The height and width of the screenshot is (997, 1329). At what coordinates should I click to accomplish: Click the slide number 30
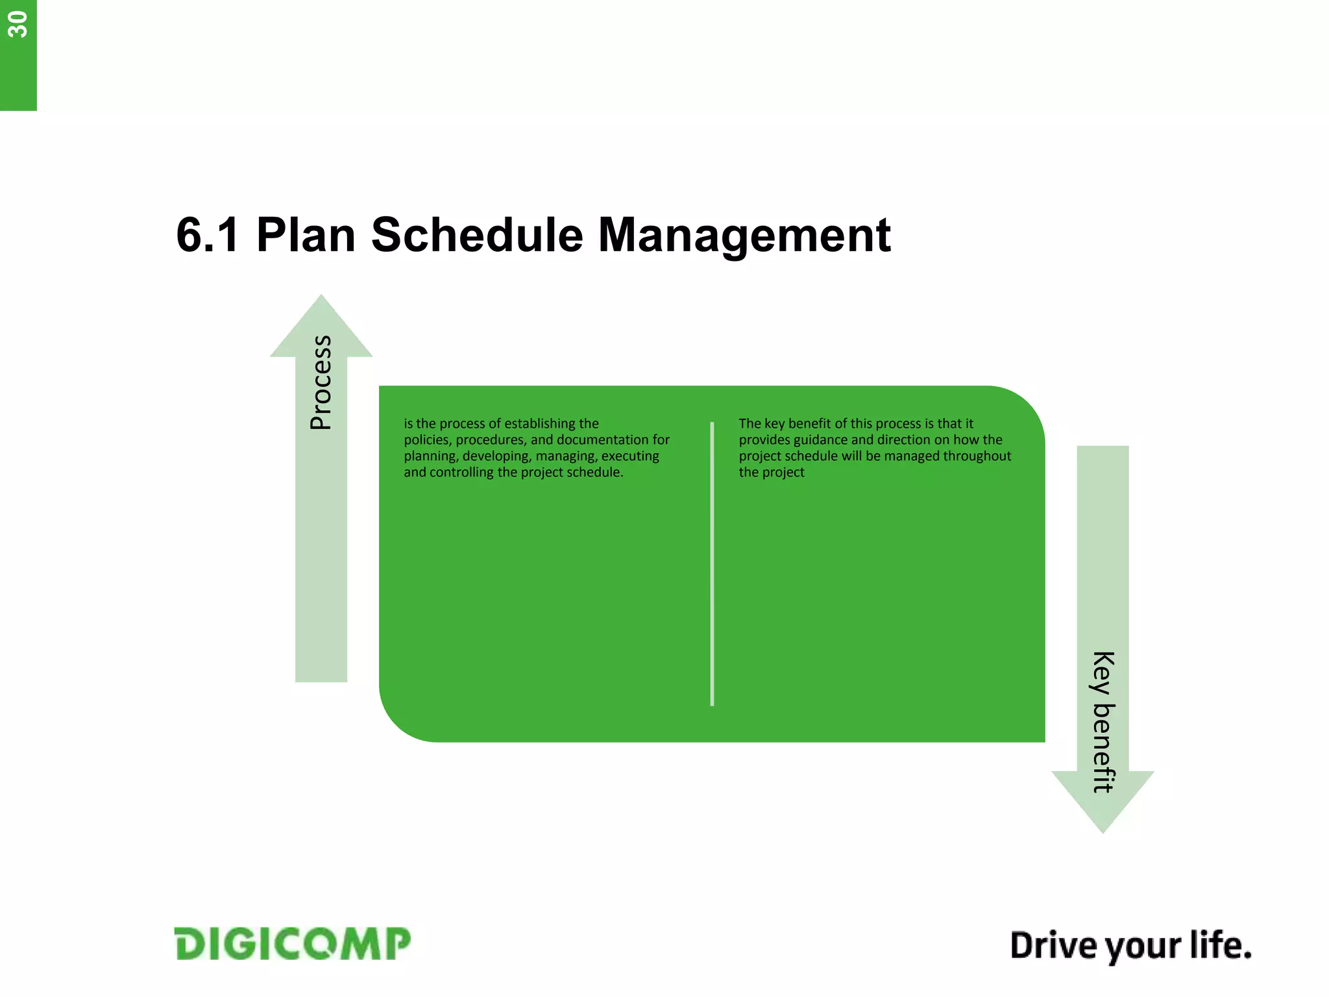pos(18,25)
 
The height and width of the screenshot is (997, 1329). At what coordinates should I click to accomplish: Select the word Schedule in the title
pos(477,235)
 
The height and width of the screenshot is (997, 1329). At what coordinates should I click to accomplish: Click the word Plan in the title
pos(306,235)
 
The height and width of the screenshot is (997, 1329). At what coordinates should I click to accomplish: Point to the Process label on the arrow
pos(321,382)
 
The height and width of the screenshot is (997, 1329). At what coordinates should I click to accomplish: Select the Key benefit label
pos(1103,722)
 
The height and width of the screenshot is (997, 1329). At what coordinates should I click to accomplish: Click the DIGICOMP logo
pos(293,944)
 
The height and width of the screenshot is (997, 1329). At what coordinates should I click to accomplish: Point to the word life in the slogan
pos(1219,945)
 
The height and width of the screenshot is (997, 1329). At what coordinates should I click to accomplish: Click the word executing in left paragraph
pos(629,456)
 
